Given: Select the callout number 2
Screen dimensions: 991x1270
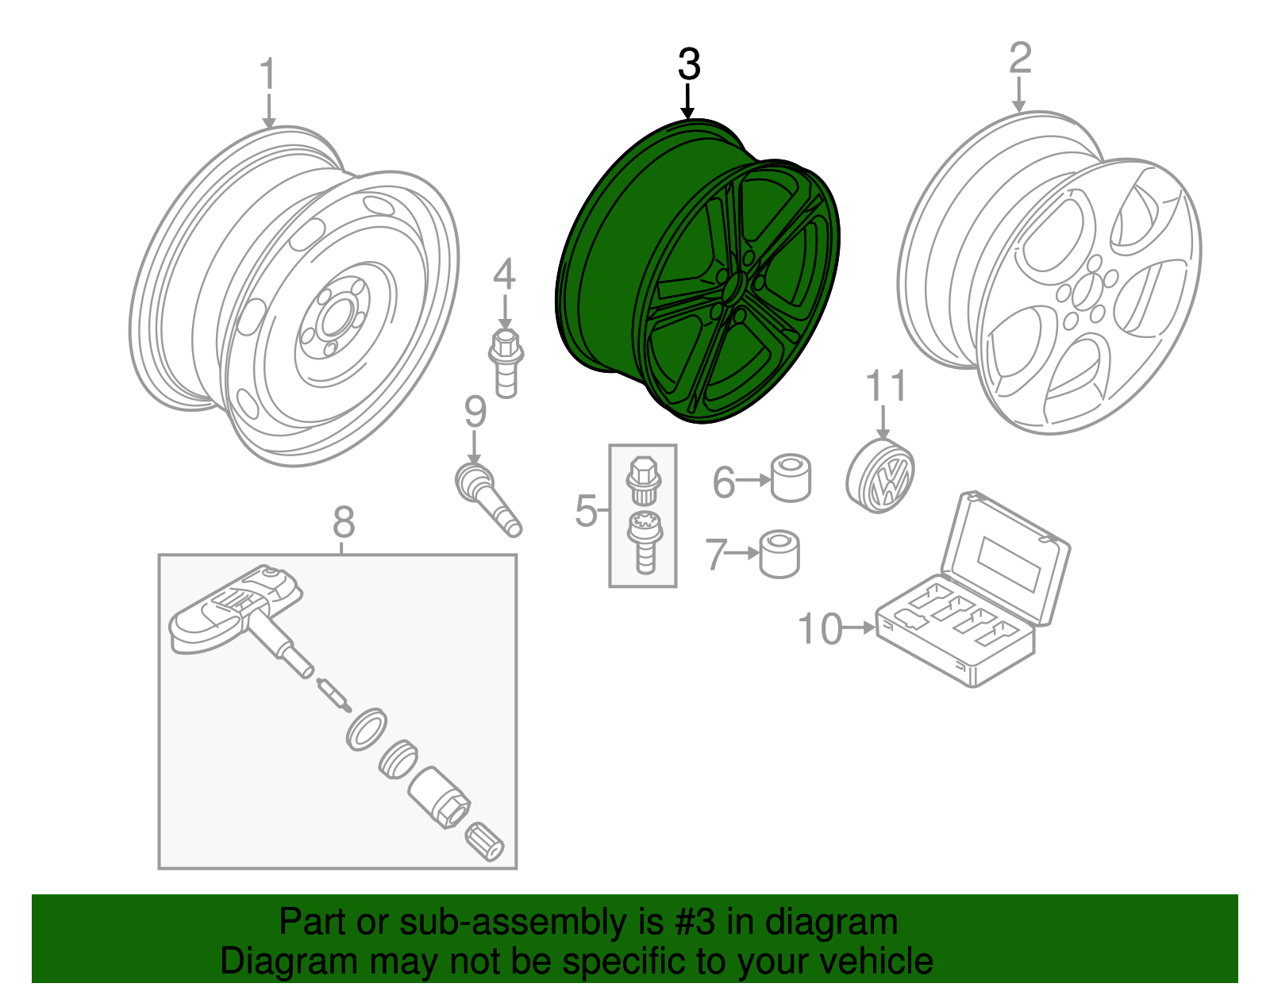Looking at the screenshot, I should (1020, 59).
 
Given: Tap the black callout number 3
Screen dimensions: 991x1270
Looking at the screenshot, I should (689, 64).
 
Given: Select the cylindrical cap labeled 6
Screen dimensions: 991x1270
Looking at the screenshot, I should (791, 478).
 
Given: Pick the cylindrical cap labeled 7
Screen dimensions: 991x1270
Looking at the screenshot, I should (779, 553).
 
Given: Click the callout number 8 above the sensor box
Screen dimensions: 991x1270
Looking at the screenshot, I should (343, 523).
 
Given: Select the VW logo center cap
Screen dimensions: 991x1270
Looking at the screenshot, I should (881, 476).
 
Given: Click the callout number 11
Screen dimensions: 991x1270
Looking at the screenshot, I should (885, 387).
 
